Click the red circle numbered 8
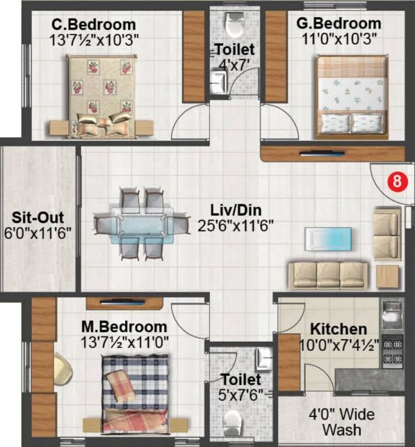coord(396,180)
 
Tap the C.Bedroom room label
coord(94,25)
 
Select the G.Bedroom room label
coord(339,24)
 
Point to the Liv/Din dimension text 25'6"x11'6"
coord(236,225)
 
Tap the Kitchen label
coord(338,329)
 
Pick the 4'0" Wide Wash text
coord(341,423)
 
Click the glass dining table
coord(142,222)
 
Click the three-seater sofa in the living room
coord(328,274)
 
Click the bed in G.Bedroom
coord(352,96)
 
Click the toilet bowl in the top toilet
coord(235,24)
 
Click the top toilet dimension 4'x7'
coord(235,64)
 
